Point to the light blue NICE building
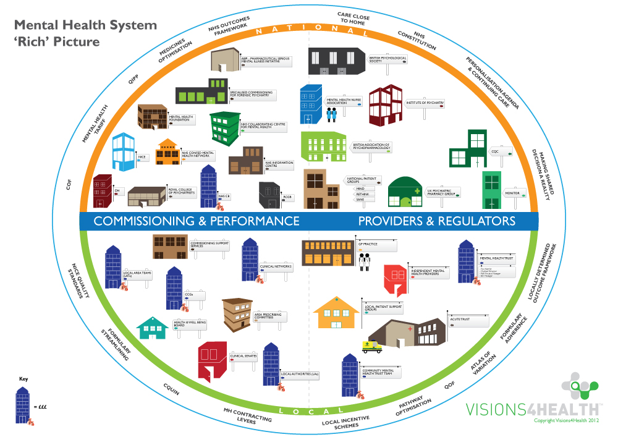pyautogui.click(x=123, y=151)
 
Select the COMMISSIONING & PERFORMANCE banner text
pyautogui.click(x=196, y=221)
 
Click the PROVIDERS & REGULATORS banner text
pyautogui.click(x=437, y=221)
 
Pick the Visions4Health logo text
pyautogui.click(x=532, y=409)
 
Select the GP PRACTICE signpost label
pyautogui.click(x=376, y=244)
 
